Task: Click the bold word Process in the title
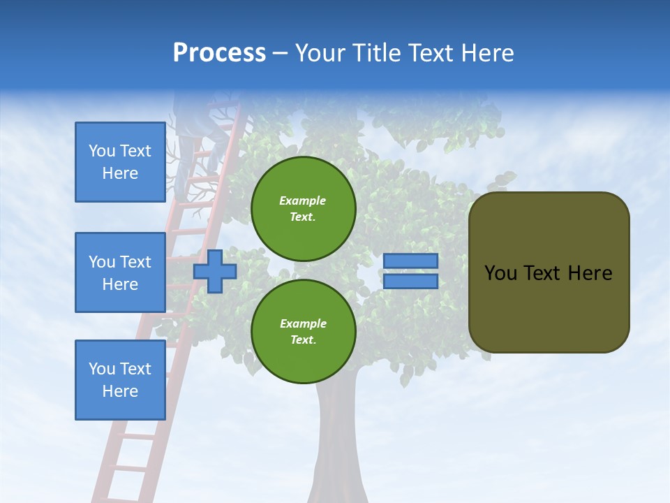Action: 219,53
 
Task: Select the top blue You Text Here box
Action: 120,162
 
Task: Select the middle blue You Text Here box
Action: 120,272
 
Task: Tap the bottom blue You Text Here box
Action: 120,380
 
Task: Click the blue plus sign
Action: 215,271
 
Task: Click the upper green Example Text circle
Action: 303,209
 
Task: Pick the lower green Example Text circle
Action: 303,332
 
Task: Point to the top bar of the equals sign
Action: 410,261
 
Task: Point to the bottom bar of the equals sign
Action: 410,282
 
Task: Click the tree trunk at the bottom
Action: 338,447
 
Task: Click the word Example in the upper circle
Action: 303,201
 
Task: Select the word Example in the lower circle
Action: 303,323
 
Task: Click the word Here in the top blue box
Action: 120,173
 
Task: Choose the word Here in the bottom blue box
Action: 120,391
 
